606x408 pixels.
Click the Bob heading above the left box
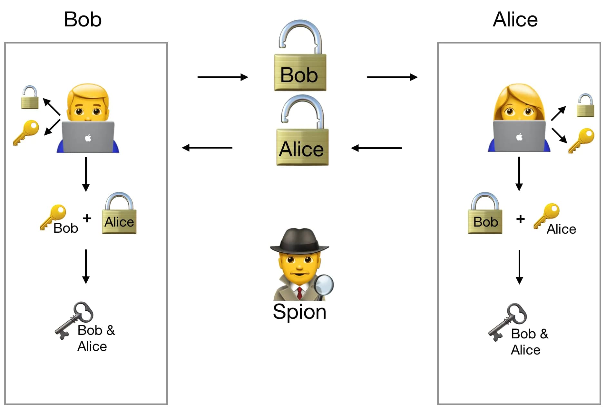point(83,19)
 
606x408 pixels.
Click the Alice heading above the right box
point(515,19)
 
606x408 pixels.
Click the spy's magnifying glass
point(324,285)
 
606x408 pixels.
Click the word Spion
point(299,312)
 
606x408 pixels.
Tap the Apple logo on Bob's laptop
point(88,138)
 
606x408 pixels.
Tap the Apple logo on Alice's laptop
point(519,137)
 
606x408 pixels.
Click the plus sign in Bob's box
point(87,218)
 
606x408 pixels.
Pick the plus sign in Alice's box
point(520,219)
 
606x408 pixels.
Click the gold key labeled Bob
point(54,216)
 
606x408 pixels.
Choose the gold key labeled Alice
point(547,214)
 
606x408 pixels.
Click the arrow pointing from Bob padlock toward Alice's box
point(392,77)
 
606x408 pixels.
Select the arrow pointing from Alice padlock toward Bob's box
point(207,148)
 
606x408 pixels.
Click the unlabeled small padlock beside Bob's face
point(30,98)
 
